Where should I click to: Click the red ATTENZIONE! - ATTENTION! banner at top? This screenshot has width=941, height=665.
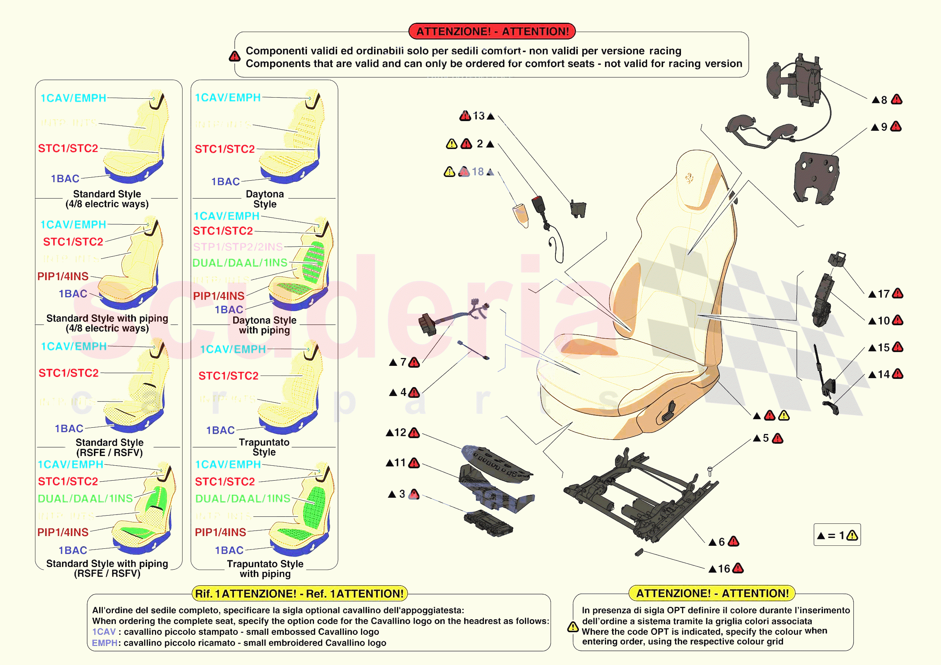tap(492, 31)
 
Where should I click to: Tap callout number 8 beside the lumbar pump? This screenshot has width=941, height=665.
tap(884, 100)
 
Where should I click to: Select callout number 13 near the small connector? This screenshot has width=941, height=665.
tap(478, 116)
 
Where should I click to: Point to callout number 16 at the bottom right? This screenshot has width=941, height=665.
tap(724, 569)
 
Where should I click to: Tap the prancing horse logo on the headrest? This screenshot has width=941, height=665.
tap(689, 178)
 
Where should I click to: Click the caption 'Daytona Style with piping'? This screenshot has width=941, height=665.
tap(264, 325)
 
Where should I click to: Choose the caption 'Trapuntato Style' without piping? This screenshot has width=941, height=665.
tap(264, 447)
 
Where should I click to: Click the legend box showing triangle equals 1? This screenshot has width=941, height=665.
tap(837, 535)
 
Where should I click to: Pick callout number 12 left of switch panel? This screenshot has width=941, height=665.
tap(400, 433)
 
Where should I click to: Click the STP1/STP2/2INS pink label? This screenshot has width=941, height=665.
tap(238, 247)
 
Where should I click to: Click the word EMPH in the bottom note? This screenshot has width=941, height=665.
tap(105, 643)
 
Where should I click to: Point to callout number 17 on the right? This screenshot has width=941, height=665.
tap(883, 294)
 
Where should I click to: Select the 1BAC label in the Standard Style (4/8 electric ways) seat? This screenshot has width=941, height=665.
tap(65, 179)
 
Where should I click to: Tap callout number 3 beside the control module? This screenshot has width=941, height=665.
tap(402, 494)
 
